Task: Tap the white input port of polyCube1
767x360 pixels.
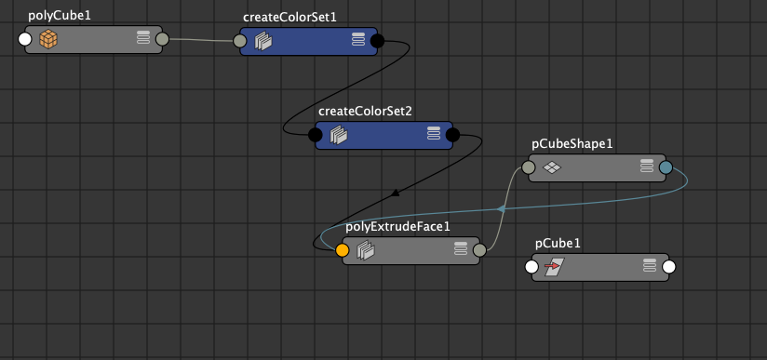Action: [25, 40]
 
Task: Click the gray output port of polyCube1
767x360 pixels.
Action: [162, 40]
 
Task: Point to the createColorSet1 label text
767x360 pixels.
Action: [289, 17]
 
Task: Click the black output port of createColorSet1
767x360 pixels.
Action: [377, 41]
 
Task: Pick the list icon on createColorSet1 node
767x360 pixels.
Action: [358, 39]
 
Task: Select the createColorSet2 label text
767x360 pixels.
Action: [365, 111]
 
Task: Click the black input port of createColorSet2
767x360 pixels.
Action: [316, 135]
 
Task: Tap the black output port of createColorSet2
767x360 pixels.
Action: [452, 135]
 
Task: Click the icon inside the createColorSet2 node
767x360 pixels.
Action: [339, 135]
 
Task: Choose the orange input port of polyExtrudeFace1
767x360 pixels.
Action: [343, 250]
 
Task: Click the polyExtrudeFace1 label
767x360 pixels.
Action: [397, 226]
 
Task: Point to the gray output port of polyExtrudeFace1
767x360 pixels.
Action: [479, 250]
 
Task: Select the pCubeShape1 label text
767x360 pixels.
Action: [572, 144]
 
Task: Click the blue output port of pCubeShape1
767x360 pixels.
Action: [666, 168]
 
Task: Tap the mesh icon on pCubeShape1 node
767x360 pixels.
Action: [551, 168]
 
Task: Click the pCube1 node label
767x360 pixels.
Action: [558, 244]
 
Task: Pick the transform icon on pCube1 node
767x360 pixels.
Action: [554, 268]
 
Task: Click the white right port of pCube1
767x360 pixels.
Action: [668, 268]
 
